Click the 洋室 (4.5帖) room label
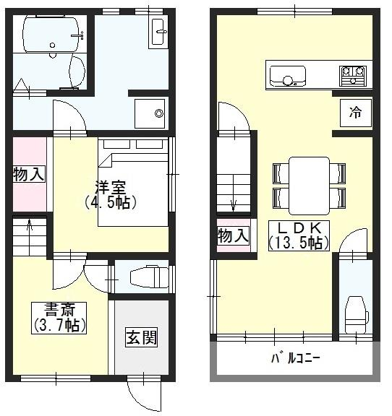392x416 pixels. (111, 194)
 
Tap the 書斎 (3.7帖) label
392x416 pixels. (59, 318)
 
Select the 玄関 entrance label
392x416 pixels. (142, 337)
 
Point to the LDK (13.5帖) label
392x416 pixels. (299, 235)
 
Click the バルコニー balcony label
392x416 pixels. (296, 359)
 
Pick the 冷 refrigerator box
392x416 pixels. (356, 113)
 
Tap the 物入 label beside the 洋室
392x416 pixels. (29, 174)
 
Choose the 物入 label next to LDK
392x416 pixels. (234, 236)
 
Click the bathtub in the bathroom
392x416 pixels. (51, 35)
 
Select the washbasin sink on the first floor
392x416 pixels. (158, 31)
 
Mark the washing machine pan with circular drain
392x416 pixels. (150, 113)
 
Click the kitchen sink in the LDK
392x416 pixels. (288, 77)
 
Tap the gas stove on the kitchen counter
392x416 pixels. (353, 77)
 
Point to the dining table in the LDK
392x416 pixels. (309, 186)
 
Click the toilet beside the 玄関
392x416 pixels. (150, 277)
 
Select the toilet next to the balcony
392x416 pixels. (356, 315)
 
